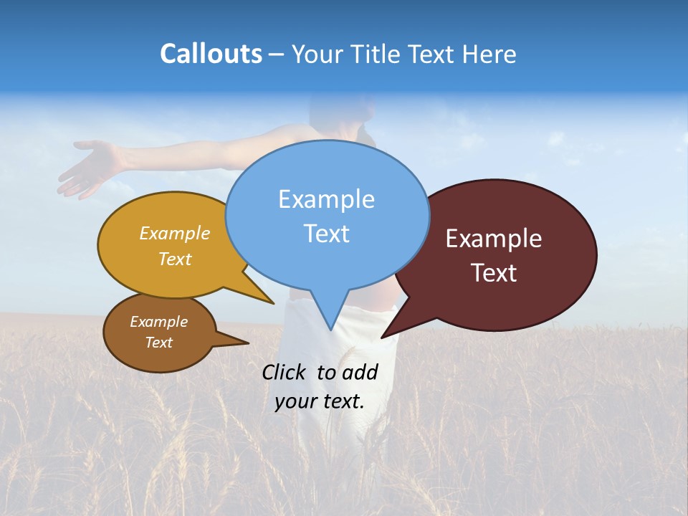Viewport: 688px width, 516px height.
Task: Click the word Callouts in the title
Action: [211, 54]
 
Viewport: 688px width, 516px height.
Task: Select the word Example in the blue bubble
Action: [326, 199]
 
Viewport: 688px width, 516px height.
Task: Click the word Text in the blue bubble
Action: [326, 234]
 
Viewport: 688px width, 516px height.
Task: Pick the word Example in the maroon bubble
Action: [494, 239]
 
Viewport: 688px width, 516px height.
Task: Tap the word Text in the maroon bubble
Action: [494, 273]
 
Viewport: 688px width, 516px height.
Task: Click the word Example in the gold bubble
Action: [175, 234]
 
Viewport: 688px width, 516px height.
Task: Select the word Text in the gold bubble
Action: [175, 259]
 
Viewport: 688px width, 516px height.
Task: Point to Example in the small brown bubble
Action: [158, 322]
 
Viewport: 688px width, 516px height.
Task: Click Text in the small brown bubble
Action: [158, 343]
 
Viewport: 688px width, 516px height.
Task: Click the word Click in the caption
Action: [285, 372]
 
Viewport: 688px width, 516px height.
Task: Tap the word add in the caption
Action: [359, 372]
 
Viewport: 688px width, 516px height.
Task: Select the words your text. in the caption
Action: [319, 401]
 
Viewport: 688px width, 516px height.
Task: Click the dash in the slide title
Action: [277, 54]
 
